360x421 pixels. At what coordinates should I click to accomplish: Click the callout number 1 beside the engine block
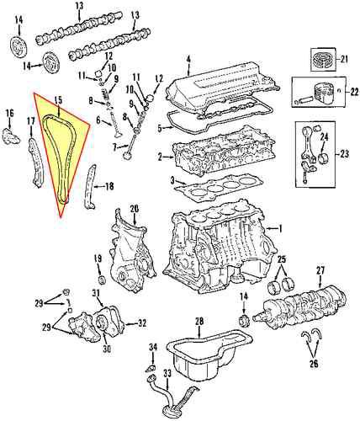281,229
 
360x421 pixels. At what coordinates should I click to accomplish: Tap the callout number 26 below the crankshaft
314,365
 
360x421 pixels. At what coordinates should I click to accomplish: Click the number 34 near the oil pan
152,347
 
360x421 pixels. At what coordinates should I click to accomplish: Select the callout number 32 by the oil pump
141,323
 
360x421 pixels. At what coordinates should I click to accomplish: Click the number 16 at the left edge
9,113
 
